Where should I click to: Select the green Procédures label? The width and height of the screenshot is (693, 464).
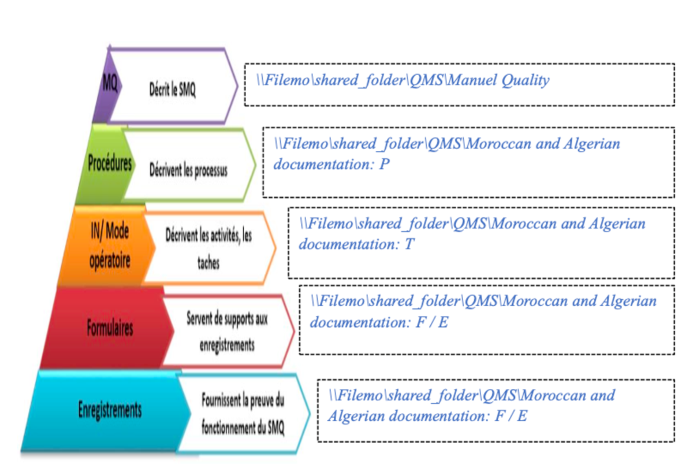[x=110, y=164]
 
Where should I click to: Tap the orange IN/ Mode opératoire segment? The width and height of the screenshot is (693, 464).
[x=110, y=246]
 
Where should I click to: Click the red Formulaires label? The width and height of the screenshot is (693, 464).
[x=110, y=328]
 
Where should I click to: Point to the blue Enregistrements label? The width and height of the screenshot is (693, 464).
[x=110, y=410]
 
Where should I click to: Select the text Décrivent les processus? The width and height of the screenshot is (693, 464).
[x=188, y=171]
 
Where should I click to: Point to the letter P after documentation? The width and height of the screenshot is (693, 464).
[x=385, y=164]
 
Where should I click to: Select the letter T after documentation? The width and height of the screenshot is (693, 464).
[x=409, y=244]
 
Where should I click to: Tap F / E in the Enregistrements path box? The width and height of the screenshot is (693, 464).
[x=511, y=415]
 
